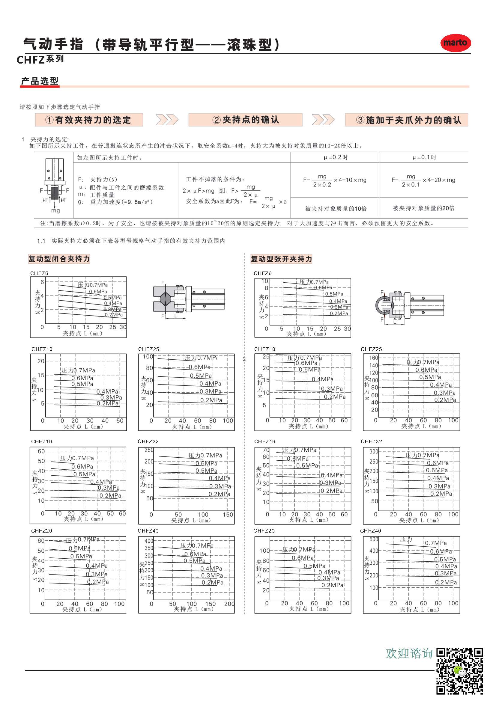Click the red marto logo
(x=455, y=43)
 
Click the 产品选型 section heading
(x=40, y=81)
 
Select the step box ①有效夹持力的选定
(x=89, y=120)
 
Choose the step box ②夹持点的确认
(x=246, y=120)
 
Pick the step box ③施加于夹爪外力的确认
(x=407, y=120)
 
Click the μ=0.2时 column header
(x=335, y=158)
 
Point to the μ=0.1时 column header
(x=424, y=158)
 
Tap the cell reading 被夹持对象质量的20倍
(x=423, y=208)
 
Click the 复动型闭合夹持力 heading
(x=59, y=259)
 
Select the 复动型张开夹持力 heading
(x=281, y=259)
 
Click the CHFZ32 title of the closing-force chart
(x=148, y=441)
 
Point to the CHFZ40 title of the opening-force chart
(x=370, y=531)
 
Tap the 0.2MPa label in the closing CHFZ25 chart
(x=211, y=400)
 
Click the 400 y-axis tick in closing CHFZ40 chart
(x=149, y=541)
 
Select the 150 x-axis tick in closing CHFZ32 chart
(x=228, y=515)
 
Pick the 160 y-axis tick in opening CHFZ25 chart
(x=374, y=358)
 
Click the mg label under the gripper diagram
(x=55, y=211)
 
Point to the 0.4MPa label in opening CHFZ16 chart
(x=332, y=475)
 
